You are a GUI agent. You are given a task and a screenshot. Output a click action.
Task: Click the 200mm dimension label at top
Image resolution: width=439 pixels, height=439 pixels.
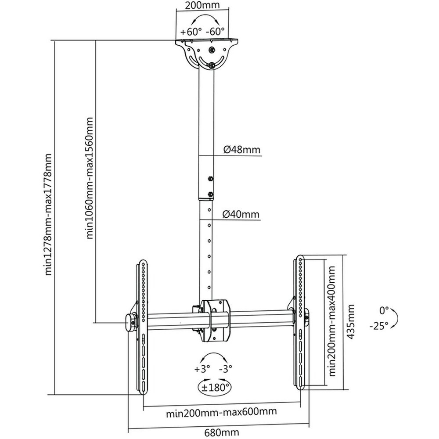(x=202, y=5)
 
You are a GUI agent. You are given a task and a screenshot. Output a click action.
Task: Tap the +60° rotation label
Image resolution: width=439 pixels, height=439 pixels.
(x=191, y=31)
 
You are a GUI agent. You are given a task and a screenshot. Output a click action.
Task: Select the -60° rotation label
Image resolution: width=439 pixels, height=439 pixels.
(x=215, y=31)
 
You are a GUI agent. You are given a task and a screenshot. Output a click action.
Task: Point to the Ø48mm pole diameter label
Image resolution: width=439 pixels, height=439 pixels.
(x=241, y=150)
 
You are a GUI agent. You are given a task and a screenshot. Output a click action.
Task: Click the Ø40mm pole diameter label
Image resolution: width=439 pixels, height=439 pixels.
(x=241, y=215)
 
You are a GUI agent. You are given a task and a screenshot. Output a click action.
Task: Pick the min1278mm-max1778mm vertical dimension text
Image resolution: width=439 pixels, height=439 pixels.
(x=48, y=214)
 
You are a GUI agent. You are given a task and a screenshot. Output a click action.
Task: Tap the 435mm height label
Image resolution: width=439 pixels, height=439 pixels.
(x=350, y=322)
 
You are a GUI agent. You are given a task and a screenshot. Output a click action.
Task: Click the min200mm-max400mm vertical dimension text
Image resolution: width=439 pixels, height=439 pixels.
(x=332, y=321)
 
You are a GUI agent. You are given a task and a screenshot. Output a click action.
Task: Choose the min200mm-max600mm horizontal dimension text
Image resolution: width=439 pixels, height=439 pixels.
(x=221, y=412)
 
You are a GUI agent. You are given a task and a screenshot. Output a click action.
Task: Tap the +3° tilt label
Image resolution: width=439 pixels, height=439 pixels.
(x=202, y=369)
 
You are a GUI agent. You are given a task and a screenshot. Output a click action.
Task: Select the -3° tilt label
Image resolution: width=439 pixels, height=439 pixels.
(x=226, y=369)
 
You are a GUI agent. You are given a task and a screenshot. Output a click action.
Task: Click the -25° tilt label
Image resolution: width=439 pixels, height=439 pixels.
(x=379, y=326)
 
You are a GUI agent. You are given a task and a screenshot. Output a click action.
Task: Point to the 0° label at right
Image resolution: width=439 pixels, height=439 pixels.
(x=384, y=310)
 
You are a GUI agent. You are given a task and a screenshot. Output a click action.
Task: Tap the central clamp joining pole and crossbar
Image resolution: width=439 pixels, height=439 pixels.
(x=215, y=321)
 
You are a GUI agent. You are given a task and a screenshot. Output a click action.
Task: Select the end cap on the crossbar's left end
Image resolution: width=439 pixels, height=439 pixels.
(x=130, y=323)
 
